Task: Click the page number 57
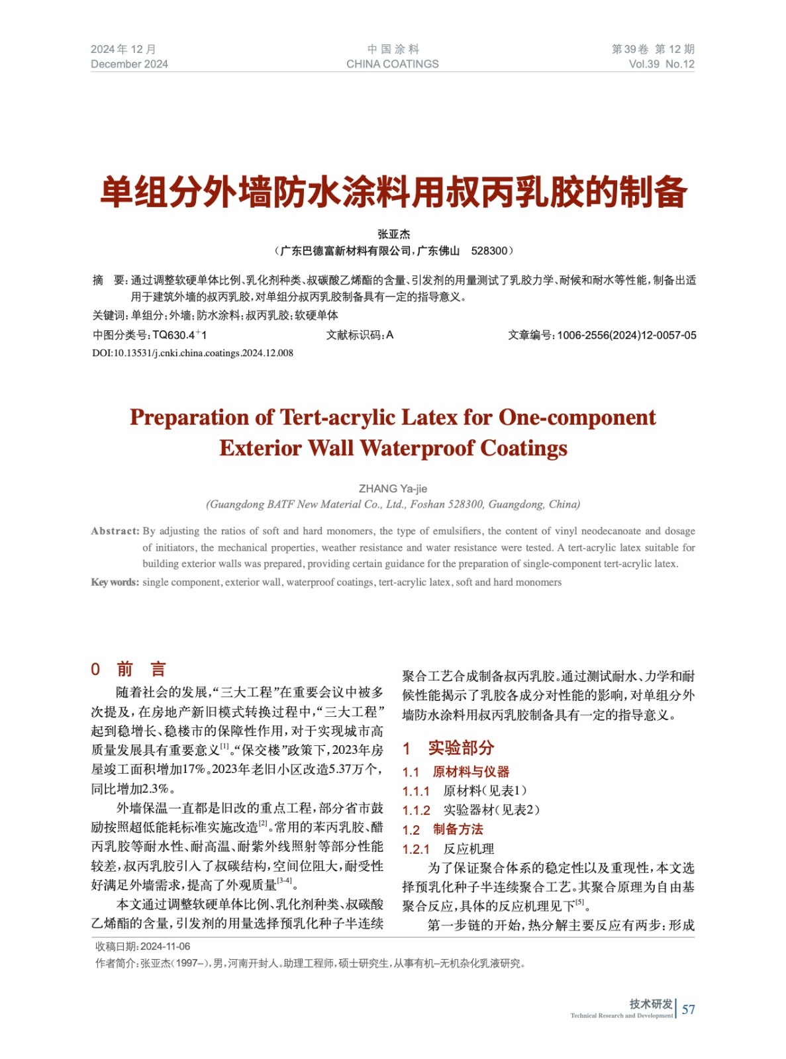[x=689, y=1009]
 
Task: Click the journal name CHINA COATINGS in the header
[x=392, y=64]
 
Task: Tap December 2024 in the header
[x=129, y=64]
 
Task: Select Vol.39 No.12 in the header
[x=662, y=64]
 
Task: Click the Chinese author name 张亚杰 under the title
[x=393, y=234]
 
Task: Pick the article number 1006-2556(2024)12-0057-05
[x=626, y=336]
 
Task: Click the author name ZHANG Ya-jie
[x=393, y=488]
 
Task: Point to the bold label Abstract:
[x=115, y=531]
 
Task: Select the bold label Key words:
[x=115, y=582]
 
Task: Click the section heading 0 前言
[x=128, y=669]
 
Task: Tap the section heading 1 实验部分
[x=448, y=748]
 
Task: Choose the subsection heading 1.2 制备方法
[x=443, y=829]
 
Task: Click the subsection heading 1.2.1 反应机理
[x=448, y=849]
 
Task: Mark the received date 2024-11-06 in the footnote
[x=166, y=946]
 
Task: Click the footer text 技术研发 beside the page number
[x=651, y=1004]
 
